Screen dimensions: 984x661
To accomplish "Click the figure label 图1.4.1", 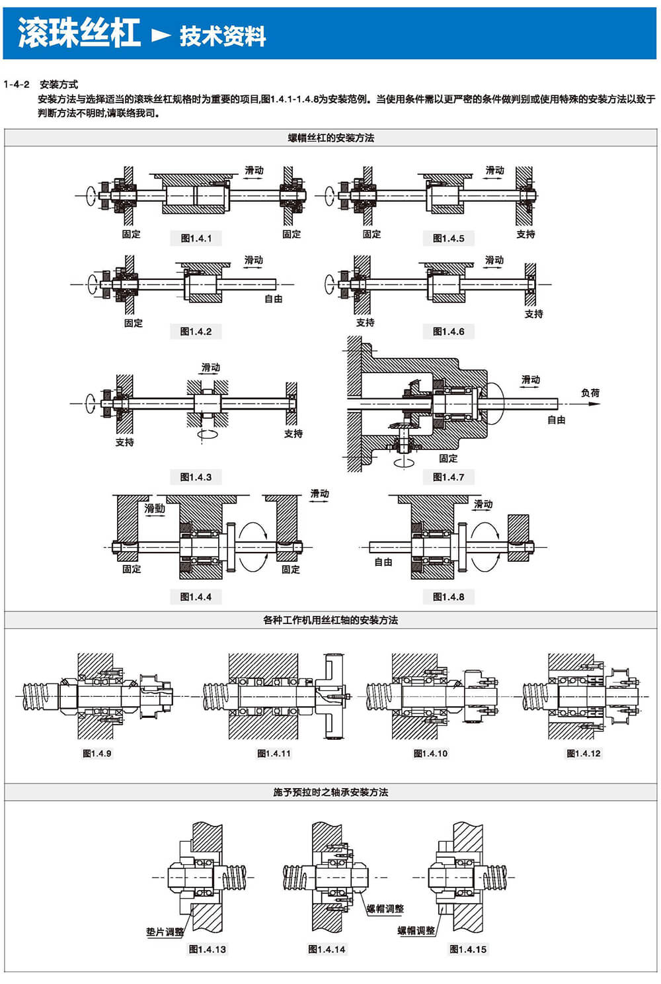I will [196, 238].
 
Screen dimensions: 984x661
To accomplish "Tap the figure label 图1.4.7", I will [448, 476].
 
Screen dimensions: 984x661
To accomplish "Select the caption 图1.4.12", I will [584, 753].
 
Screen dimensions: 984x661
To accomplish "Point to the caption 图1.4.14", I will [327, 949].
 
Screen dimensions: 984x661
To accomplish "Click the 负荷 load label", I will [590, 392].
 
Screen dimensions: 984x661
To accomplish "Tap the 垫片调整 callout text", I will [165, 932].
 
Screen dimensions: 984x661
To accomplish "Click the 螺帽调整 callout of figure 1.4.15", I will [416, 930].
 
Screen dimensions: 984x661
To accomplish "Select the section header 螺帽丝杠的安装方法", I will [330, 138].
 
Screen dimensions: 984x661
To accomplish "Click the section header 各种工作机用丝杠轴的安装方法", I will [330, 620].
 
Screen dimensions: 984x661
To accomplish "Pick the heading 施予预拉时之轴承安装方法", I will [330, 792].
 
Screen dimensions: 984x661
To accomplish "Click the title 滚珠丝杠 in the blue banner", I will [79, 33].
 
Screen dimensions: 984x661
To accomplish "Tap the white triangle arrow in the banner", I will [161, 35].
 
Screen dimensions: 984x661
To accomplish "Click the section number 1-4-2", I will [17, 84].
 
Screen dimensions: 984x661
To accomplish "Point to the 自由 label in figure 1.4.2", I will [274, 298].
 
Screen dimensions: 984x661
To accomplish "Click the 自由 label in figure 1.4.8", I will [383, 562].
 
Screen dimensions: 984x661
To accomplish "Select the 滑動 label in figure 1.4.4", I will [155, 508].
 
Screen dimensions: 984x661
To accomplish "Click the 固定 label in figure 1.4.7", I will [448, 458].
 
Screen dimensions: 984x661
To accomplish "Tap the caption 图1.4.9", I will [97, 753].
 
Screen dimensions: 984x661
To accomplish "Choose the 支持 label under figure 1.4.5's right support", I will [525, 234].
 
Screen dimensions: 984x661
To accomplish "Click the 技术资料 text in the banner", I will [223, 36].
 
